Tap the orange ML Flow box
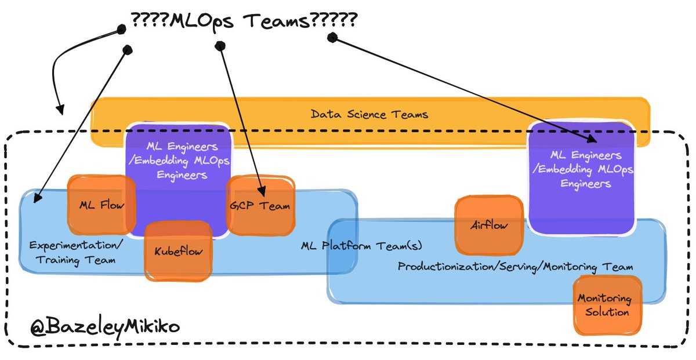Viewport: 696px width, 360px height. (x=101, y=204)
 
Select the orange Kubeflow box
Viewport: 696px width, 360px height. (x=177, y=252)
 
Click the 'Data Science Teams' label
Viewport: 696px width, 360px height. (x=369, y=114)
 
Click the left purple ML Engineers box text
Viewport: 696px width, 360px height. (x=179, y=161)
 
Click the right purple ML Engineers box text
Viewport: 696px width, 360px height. (x=581, y=169)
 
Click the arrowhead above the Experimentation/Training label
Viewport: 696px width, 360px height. (x=37, y=199)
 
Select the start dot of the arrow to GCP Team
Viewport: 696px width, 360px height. (x=219, y=45)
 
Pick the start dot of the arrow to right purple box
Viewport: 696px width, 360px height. (x=332, y=38)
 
